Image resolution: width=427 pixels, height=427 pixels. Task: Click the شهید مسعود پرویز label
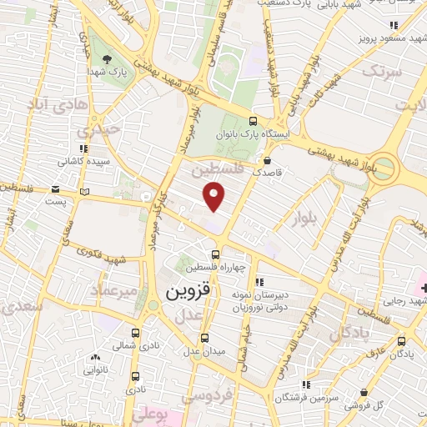[379, 38]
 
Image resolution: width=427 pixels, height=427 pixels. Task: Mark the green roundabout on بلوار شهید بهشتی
[384, 166]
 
